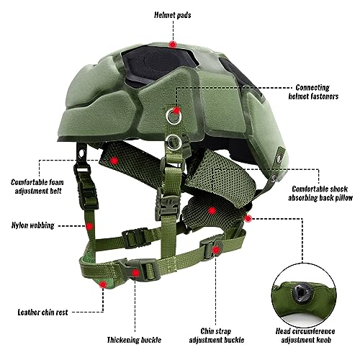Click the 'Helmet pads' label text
[173, 15]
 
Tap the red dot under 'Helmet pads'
[173, 45]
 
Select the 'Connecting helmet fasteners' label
[313, 92]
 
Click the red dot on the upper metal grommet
[176, 111]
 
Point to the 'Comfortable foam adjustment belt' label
[37, 186]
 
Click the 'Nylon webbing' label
[33, 225]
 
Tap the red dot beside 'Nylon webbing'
[89, 226]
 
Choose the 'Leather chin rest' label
[43, 312]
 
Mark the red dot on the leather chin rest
[103, 284]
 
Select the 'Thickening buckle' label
[134, 340]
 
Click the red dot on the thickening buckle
[136, 273]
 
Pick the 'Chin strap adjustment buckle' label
[217, 336]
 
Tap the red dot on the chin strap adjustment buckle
[216, 250]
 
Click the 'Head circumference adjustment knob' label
[305, 336]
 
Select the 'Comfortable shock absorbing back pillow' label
[320, 194]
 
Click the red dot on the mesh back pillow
[212, 211]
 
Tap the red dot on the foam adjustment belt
[114, 161]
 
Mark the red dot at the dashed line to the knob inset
[248, 218]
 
